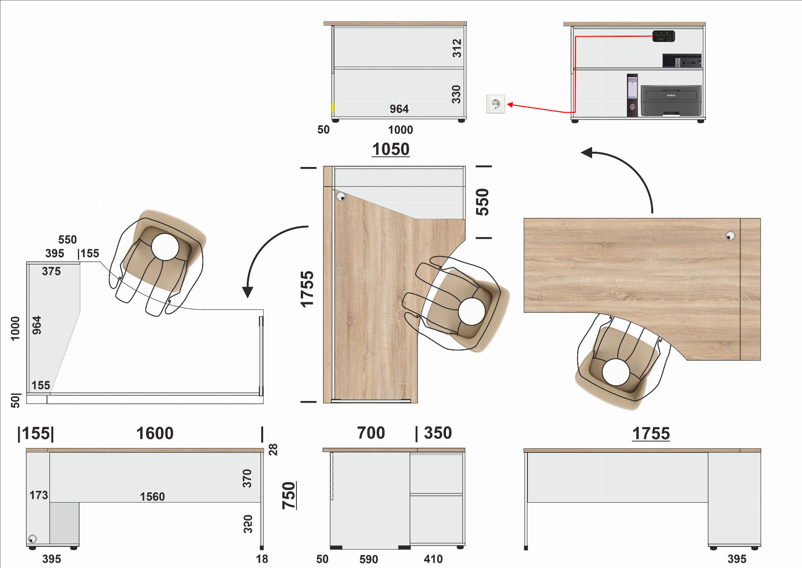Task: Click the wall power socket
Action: tap(495, 104)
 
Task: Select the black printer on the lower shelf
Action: tap(671, 101)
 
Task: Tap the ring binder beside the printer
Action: tap(632, 95)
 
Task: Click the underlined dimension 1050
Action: tap(391, 149)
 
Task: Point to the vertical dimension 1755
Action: tap(307, 289)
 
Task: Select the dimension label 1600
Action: tap(155, 434)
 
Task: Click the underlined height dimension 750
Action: tap(289, 495)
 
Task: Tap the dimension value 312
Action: tap(457, 48)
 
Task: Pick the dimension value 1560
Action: tap(152, 497)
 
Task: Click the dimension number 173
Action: tap(39, 495)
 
